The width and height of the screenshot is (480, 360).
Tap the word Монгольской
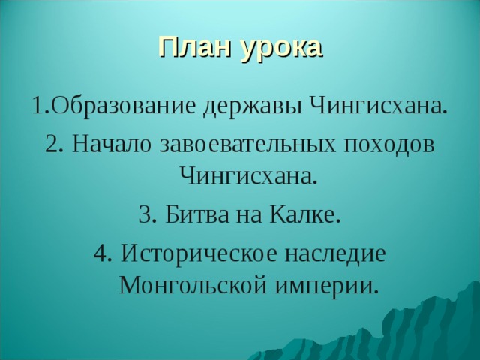[198, 287]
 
